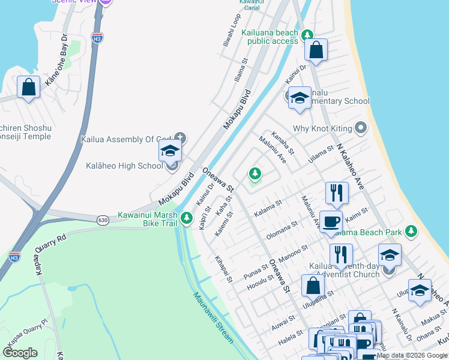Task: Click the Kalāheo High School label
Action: click(124, 166)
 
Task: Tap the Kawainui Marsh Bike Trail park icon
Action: click(188, 217)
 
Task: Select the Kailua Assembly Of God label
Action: click(127, 140)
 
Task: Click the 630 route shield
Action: click(102, 220)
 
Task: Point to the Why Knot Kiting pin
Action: click(360, 128)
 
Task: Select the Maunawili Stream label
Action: click(212, 317)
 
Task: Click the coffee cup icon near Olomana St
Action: click(331, 221)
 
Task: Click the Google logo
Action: click(20, 353)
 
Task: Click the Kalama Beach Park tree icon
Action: click(411, 231)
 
